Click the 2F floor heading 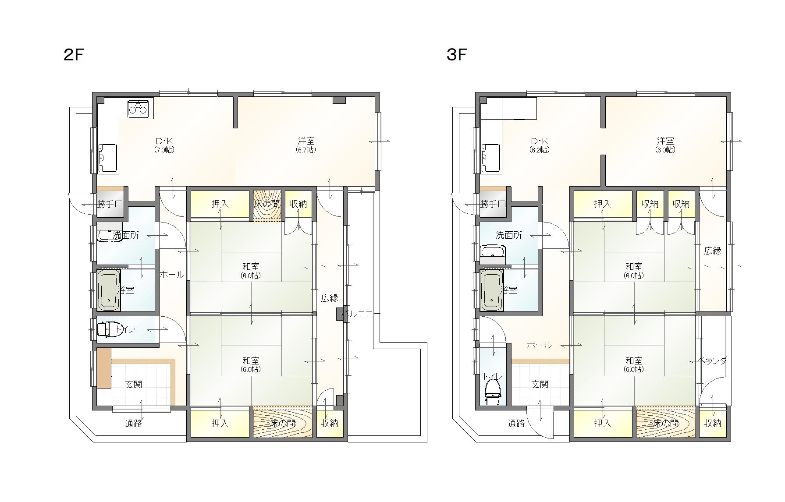click(73, 55)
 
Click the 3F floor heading click(456, 55)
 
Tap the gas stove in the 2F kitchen click(139, 108)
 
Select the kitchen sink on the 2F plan click(107, 158)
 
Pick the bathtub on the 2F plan click(109, 290)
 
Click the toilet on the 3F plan click(493, 392)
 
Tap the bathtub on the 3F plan click(492, 290)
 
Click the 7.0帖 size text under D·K click(164, 150)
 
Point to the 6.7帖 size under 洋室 click(306, 150)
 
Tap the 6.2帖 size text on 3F click(540, 150)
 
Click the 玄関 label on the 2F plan click(134, 385)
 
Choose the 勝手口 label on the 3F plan click(493, 204)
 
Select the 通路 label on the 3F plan click(516, 423)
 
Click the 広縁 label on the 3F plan click(713, 251)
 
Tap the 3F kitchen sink click(490, 158)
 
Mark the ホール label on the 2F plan click(171, 275)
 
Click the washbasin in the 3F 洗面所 click(493, 253)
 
